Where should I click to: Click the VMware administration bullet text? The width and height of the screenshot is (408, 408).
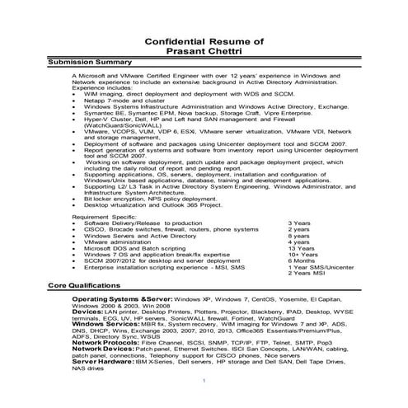point(120,242)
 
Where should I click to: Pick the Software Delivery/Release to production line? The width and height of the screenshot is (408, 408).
point(136,223)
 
